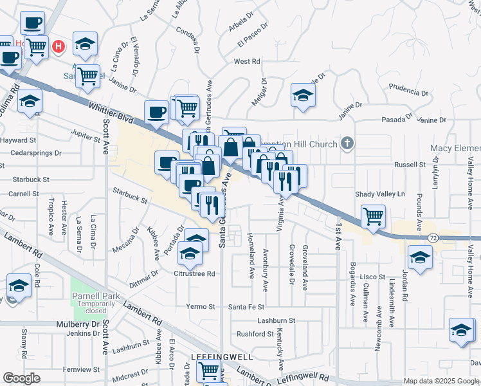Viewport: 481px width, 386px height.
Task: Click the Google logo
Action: [22, 378]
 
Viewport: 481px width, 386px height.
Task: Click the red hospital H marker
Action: [59, 46]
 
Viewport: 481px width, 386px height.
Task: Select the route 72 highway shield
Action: [433, 238]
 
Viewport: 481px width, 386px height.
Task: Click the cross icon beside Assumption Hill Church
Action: [347, 143]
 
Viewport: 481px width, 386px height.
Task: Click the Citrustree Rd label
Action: [194, 273]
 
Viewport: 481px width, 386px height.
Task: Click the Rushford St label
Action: [255, 334]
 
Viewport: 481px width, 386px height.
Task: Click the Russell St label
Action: [410, 164]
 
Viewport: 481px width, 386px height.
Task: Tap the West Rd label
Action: [246, 61]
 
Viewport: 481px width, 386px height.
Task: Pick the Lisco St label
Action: [372, 277]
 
